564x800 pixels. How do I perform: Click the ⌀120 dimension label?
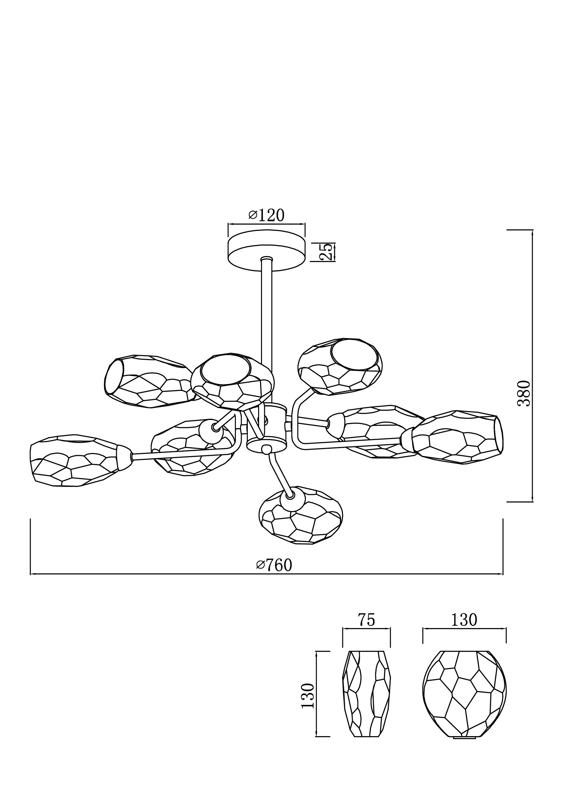click(267, 215)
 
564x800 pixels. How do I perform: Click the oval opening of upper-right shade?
click(355, 355)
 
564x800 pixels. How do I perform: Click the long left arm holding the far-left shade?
click(181, 452)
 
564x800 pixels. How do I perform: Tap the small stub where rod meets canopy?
click(267, 259)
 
